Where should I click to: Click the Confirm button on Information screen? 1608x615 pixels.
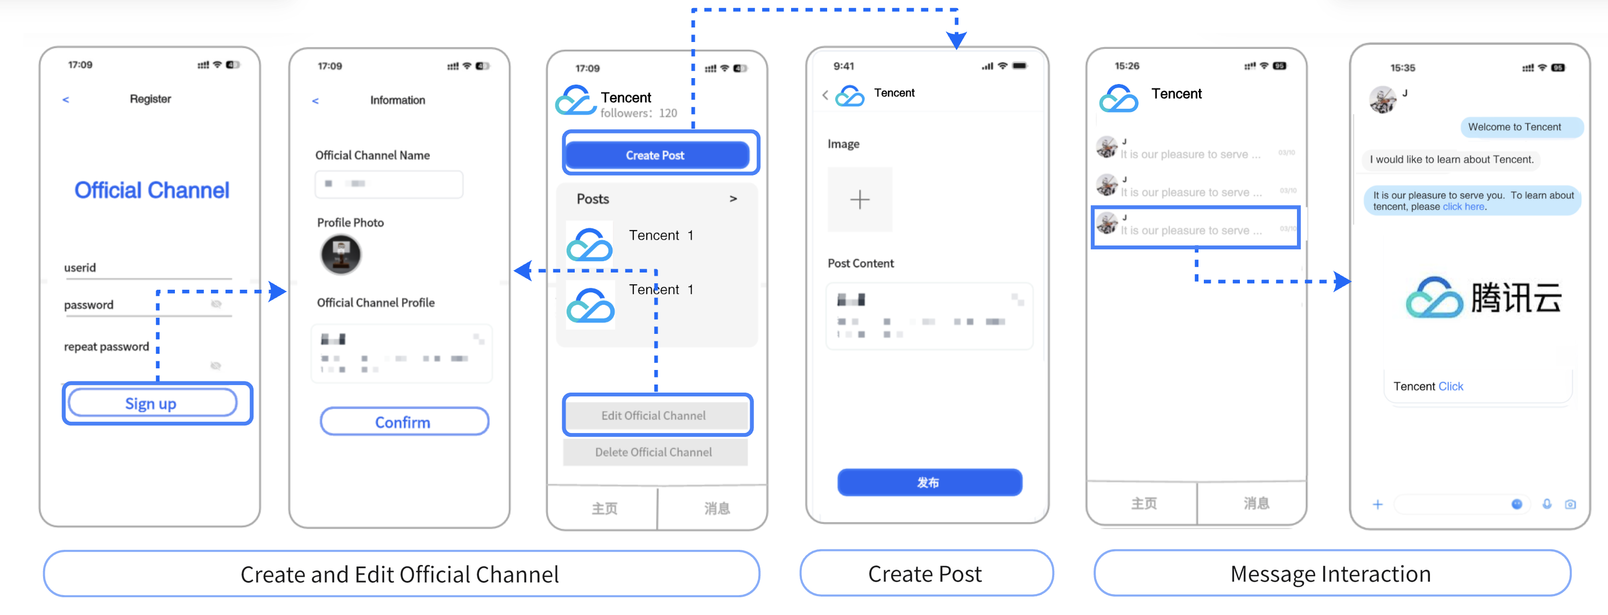403,422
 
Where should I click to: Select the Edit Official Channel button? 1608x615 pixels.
653,415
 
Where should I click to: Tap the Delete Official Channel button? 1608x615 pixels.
653,452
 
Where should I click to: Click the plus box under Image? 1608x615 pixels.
859,199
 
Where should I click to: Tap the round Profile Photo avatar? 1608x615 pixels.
341,254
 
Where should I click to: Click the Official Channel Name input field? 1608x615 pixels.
389,184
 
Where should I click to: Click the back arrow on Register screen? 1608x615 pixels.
66,99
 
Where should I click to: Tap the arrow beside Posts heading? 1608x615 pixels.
733,199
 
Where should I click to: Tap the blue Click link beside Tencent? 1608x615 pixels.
1450,386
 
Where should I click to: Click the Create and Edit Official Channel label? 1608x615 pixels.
401,573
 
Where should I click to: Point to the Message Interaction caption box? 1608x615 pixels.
1331,573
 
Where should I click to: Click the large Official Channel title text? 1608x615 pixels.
152,190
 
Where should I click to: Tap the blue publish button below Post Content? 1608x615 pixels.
929,482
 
